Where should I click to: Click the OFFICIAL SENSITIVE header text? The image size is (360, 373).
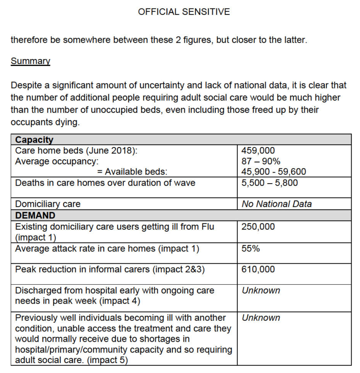point(184,12)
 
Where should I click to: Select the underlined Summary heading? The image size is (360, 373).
point(30,61)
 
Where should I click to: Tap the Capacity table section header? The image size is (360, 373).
point(34,140)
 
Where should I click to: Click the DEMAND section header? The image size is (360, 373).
point(35,215)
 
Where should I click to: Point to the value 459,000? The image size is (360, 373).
point(258,150)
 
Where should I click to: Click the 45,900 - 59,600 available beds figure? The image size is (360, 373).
point(274,172)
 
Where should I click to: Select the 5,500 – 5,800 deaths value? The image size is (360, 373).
point(269,182)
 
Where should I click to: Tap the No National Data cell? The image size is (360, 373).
point(277,204)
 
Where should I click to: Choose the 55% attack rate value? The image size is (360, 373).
point(251,249)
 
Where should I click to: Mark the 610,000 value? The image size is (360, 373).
point(258,269)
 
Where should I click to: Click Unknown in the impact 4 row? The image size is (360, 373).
point(261,290)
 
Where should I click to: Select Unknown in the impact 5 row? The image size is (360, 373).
point(261,318)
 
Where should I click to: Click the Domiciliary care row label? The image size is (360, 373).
point(48,204)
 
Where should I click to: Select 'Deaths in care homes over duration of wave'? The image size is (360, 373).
point(105,182)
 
